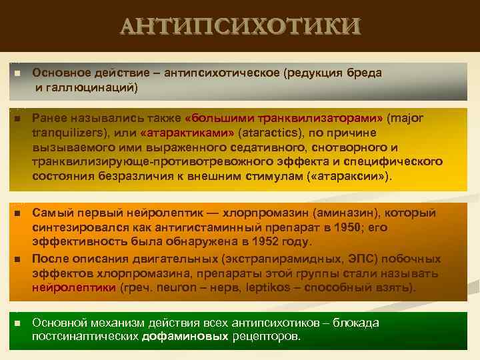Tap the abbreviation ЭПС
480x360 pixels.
tap(359, 257)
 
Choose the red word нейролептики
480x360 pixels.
tap(74, 288)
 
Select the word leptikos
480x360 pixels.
tap(263, 288)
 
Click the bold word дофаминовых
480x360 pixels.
tap(186, 337)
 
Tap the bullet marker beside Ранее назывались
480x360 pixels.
tap(17, 119)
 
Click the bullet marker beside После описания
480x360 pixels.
tap(17, 258)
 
